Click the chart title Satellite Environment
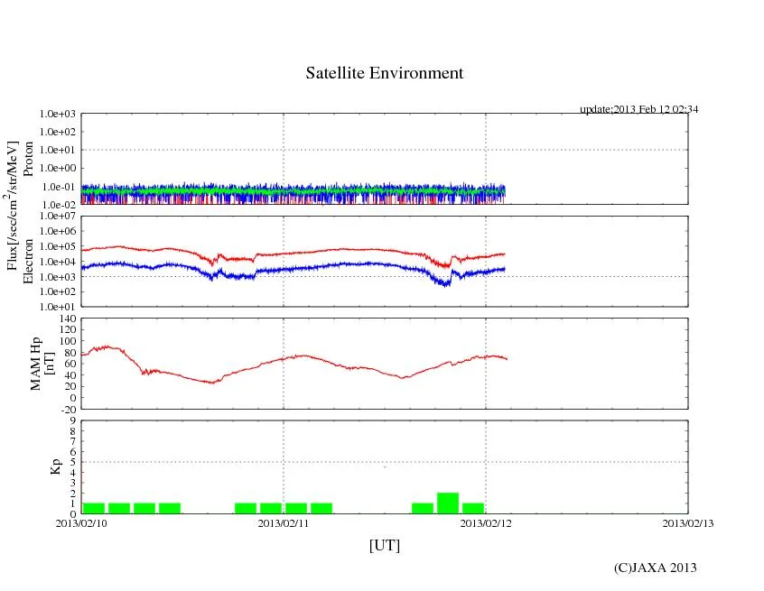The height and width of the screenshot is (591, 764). [x=384, y=73]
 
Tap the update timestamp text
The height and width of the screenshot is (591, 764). [x=638, y=109]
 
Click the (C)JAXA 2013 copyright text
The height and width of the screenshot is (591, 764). [x=655, y=568]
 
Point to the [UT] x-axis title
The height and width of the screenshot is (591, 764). [x=384, y=545]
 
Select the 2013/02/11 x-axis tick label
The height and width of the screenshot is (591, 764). [x=284, y=522]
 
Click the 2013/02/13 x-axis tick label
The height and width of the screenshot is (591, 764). [x=688, y=522]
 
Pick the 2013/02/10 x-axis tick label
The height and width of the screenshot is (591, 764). [x=81, y=522]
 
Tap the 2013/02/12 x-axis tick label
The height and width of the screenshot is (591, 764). [x=486, y=522]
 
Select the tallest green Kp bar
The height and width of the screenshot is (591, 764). [x=448, y=503]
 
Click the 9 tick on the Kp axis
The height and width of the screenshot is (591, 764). [x=72, y=420]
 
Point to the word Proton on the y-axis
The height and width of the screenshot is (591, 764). [x=29, y=159]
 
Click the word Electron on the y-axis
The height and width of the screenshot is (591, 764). [x=29, y=262]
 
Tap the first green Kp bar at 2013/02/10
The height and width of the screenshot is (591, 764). [x=94, y=508]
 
